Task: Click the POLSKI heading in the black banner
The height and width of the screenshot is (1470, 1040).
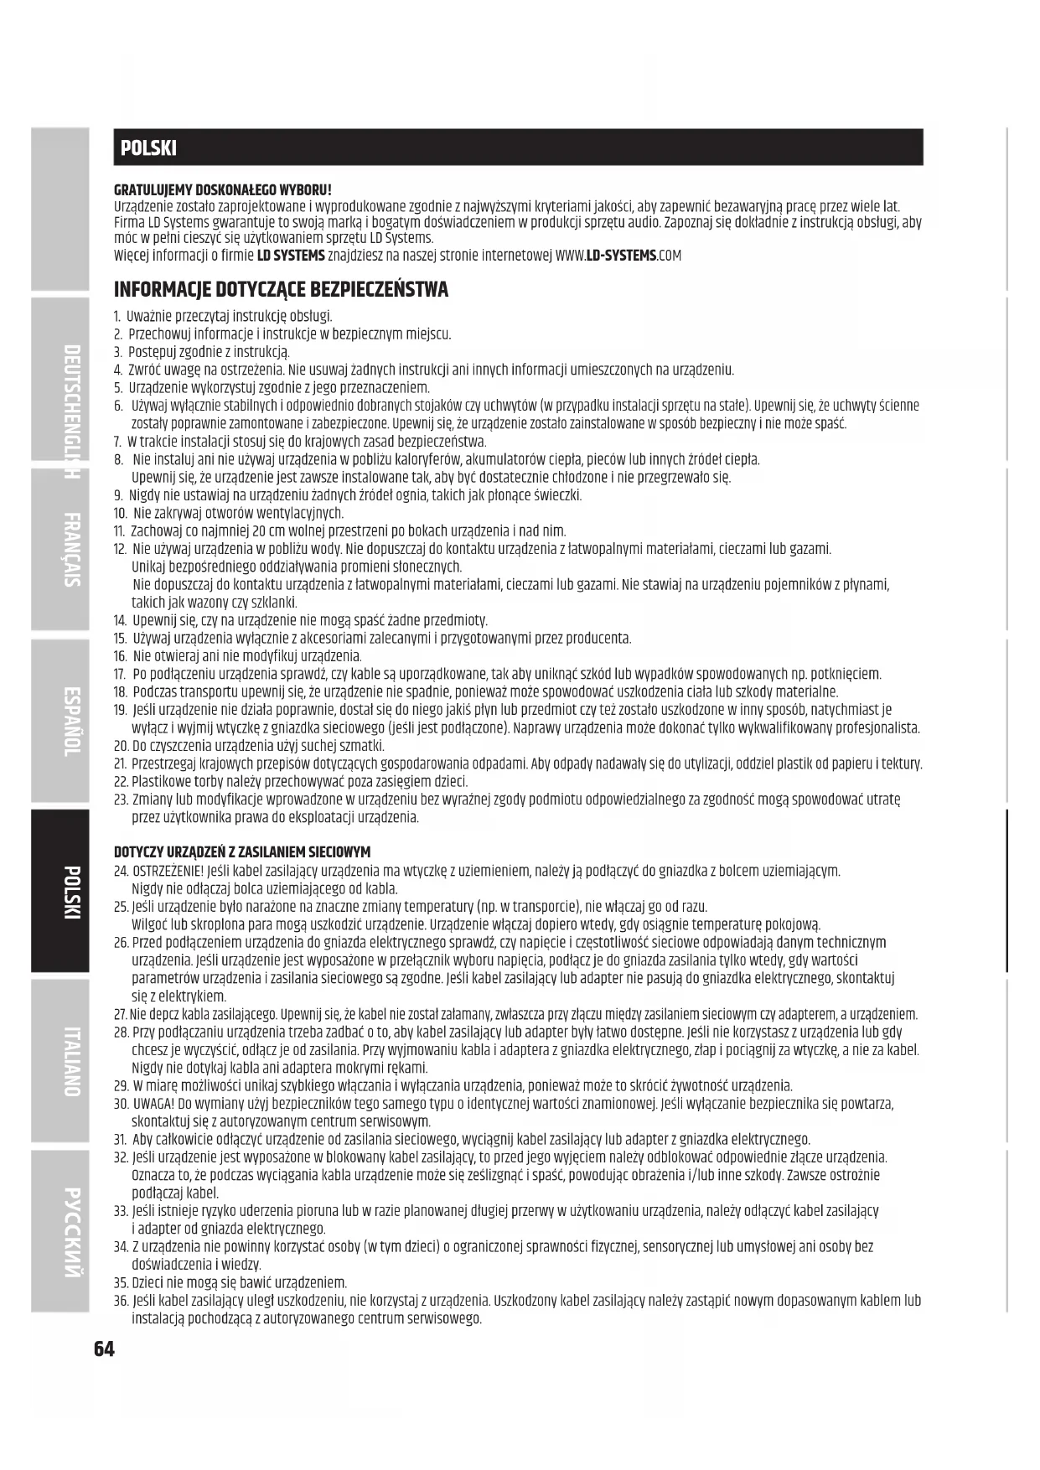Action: [148, 148]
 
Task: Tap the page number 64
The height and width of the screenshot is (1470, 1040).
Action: [104, 1348]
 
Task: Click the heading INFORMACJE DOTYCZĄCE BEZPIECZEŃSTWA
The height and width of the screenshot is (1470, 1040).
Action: [281, 290]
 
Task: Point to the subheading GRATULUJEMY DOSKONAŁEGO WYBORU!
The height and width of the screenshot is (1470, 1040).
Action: [222, 191]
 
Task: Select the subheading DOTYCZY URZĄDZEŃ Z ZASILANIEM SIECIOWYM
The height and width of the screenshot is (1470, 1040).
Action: [241, 852]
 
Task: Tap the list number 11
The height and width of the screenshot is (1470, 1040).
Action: [118, 531]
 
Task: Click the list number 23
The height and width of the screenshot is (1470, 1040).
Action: [120, 800]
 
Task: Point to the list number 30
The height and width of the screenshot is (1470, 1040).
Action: [120, 1104]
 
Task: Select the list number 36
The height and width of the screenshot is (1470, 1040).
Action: [120, 1301]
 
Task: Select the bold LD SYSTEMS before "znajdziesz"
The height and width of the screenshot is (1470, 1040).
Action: [290, 256]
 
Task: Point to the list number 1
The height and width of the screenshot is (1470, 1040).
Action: [117, 317]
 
